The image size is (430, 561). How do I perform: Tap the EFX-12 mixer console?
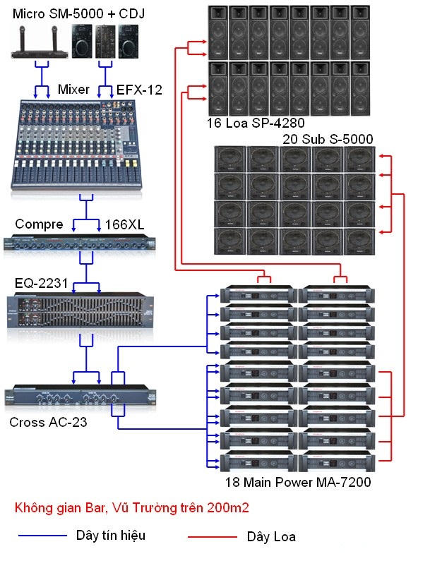[85, 145]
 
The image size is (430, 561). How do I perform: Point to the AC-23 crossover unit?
[81, 399]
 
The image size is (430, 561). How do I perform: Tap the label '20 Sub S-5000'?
[328, 138]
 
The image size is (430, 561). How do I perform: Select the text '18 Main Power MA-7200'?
[294, 483]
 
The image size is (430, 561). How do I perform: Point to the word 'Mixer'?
[73, 90]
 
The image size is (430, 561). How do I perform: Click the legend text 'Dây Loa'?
[271, 537]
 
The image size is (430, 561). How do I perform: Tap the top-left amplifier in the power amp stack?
[255, 294]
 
